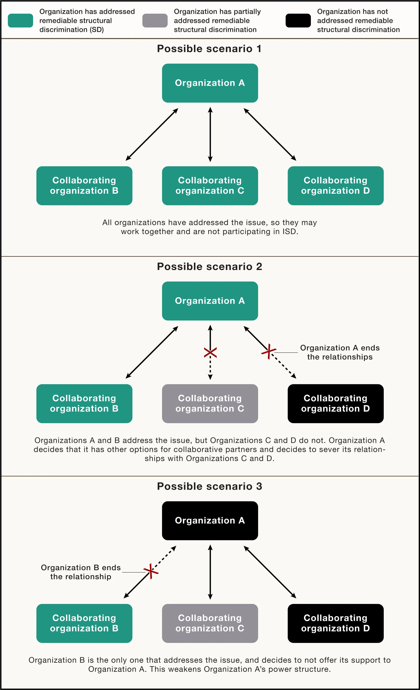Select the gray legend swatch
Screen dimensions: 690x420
tap(155, 21)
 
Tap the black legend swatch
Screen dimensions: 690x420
tap(298, 21)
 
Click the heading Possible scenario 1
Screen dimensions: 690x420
tap(209, 49)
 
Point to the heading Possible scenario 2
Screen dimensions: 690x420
tap(209, 267)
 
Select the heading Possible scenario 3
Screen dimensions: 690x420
tap(209, 486)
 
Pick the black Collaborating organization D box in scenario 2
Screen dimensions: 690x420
tap(335, 404)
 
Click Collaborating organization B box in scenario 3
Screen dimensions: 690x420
tap(84, 623)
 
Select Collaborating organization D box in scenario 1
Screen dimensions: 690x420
tap(335, 186)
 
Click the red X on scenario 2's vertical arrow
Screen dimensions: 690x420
tap(210, 353)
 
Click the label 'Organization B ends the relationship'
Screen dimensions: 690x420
tap(81, 572)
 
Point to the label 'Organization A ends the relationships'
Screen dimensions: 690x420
tap(340, 352)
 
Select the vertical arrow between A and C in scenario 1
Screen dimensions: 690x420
tap(210, 134)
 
